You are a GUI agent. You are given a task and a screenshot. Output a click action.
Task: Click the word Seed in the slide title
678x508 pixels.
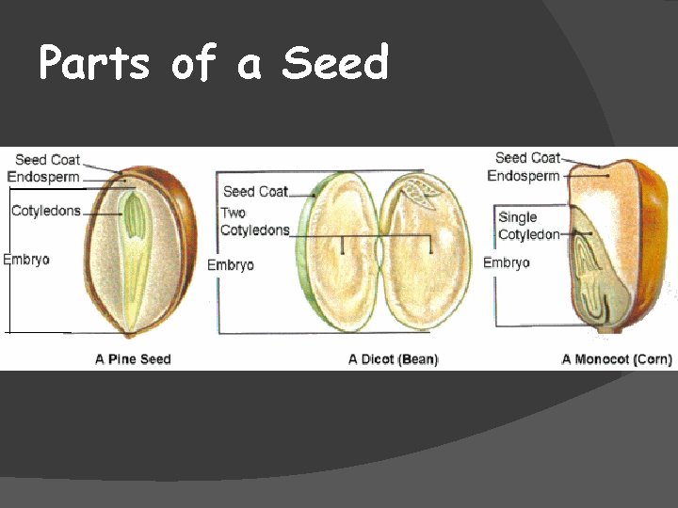coord(335,64)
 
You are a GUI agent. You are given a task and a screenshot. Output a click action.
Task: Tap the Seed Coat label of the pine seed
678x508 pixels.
coord(47,160)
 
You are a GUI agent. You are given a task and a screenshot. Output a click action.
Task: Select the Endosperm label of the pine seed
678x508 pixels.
coord(43,177)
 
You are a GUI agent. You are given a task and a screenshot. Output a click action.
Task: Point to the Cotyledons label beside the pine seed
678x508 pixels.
coord(46,211)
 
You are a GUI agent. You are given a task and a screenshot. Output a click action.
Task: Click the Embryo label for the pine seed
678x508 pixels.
coord(26,260)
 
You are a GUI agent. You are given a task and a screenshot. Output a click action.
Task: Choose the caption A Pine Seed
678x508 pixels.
coord(133,359)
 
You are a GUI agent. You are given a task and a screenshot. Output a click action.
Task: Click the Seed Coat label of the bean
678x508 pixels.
coord(255,191)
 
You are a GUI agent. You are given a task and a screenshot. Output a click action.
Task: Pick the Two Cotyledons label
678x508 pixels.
coord(254,221)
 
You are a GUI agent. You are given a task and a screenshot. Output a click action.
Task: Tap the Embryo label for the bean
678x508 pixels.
coord(231,265)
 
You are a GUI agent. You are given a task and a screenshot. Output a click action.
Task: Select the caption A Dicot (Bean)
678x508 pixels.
coord(393,359)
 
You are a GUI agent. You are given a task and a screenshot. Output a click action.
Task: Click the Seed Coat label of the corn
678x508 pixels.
coord(527,158)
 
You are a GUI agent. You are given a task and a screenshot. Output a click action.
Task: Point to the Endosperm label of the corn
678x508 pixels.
coord(524,176)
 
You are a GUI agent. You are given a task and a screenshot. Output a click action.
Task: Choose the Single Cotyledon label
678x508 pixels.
coord(528,226)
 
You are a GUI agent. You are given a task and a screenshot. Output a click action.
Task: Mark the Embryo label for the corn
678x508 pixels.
coord(507,262)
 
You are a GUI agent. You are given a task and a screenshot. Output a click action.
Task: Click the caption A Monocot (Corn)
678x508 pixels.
coord(616,359)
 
